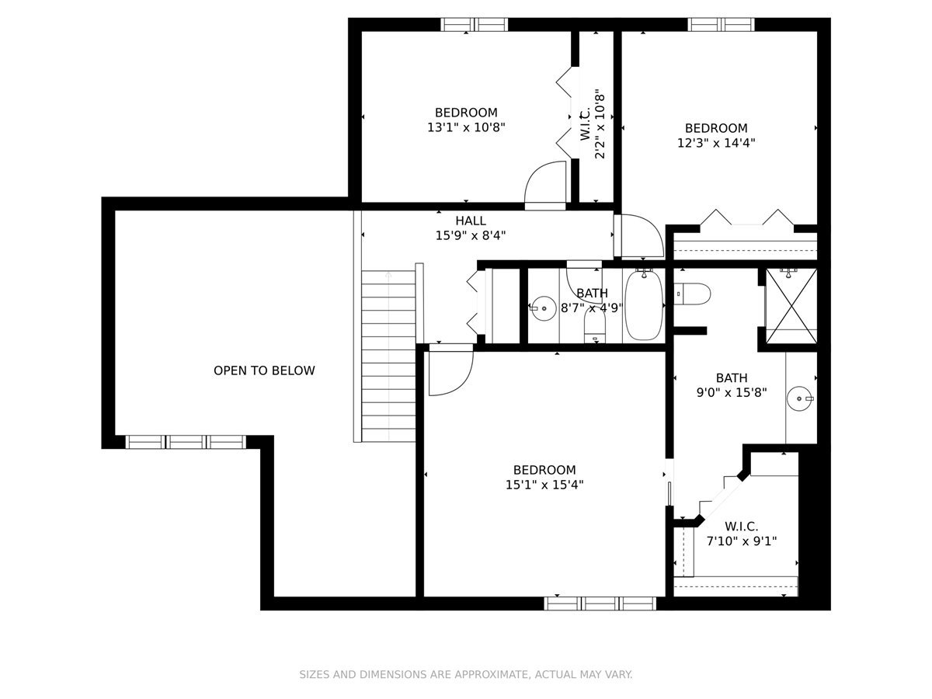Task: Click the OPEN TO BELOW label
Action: coord(264,370)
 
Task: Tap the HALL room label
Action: coord(471,221)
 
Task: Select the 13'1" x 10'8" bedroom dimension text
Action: coord(466,127)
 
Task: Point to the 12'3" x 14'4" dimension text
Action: coord(716,143)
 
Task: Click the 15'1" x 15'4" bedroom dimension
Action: coord(544,484)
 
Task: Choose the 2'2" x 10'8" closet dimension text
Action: coord(600,123)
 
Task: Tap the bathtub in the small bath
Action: coord(643,305)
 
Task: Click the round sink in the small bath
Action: coord(544,308)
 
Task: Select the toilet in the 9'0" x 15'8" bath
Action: coord(692,294)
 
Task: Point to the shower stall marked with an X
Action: coord(791,306)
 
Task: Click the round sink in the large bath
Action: coord(800,398)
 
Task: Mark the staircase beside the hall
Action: coord(388,356)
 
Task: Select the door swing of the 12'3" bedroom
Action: coord(642,236)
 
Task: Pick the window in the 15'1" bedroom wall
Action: coord(600,603)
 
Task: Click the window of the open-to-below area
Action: coord(186,442)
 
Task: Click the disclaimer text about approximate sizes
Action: coord(466,674)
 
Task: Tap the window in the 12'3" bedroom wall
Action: coord(722,25)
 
